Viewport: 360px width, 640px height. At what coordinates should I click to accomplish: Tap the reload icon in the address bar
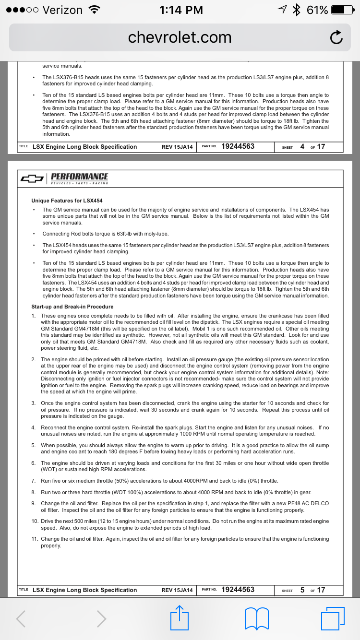pyautogui.click(x=336, y=37)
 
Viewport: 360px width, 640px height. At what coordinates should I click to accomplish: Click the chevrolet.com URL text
pyautogui.click(x=180, y=37)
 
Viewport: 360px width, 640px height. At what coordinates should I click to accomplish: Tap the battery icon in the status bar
pyautogui.click(x=344, y=10)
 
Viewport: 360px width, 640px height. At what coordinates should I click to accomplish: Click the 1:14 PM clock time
pyautogui.click(x=180, y=10)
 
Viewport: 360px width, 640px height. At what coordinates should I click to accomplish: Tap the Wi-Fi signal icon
pyautogui.click(x=95, y=10)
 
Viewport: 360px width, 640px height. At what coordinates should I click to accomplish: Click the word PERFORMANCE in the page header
pyautogui.click(x=79, y=177)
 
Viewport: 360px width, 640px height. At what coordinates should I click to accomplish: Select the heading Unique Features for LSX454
pyautogui.click(x=67, y=201)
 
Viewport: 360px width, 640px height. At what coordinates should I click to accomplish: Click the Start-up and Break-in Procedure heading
pyautogui.click(x=72, y=307)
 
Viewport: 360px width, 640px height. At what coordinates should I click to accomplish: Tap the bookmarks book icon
pyautogui.click(x=256, y=618)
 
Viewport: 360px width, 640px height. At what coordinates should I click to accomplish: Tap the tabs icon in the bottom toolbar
pyautogui.click(x=333, y=618)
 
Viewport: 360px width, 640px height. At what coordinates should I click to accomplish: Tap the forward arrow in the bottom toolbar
pyautogui.click(x=101, y=618)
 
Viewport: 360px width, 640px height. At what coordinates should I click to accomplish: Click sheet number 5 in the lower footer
pyautogui.click(x=302, y=590)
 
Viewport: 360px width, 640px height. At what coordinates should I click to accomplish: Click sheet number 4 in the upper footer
pyautogui.click(x=302, y=147)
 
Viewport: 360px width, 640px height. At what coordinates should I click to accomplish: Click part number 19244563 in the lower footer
pyautogui.click(x=238, y=590)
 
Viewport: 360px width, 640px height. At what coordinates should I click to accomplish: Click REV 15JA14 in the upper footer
pyautogui.click(x=177, y=147)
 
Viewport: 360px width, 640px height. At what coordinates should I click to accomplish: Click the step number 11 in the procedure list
pyautogui.click(x=35, y=539)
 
